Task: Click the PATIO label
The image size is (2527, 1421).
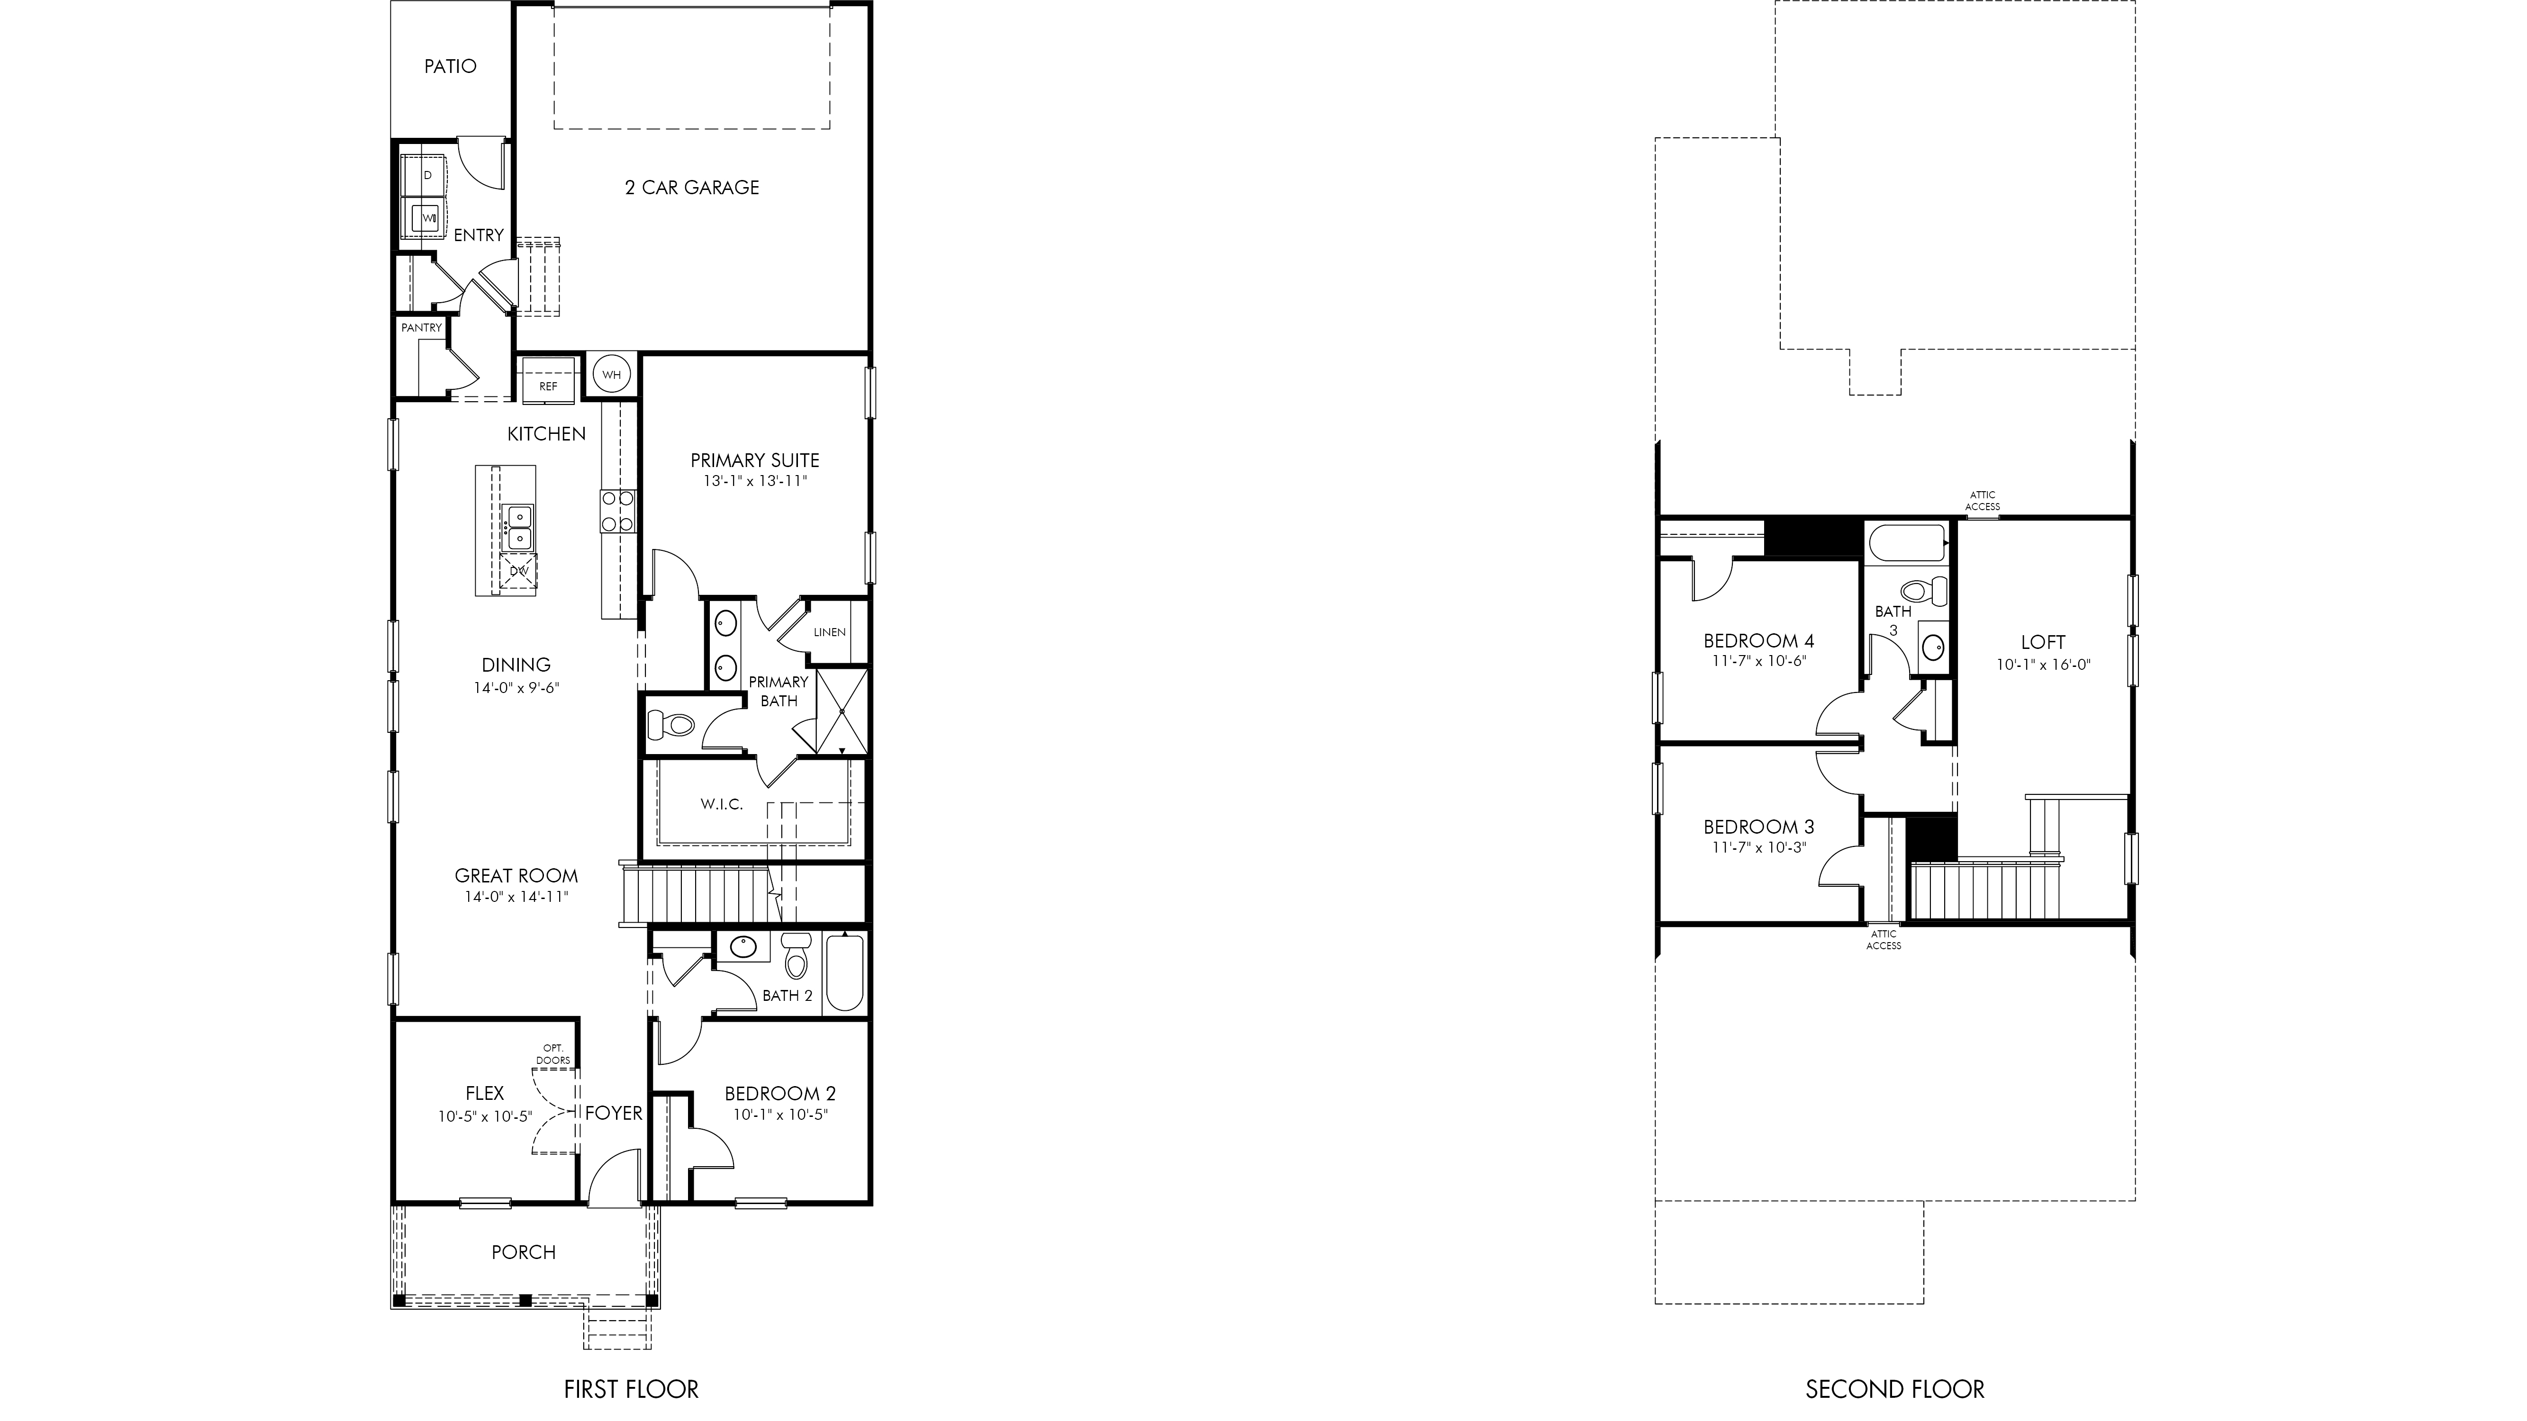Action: tap(450, 66)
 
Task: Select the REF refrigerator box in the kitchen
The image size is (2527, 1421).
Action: tap(548, 378)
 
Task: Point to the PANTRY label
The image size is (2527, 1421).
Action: tap(422, 328)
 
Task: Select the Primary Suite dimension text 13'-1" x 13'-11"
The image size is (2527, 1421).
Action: tap(755, 482)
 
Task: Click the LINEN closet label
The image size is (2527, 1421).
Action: tap(830, 631)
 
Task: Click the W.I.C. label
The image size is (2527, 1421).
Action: tap(722, 804)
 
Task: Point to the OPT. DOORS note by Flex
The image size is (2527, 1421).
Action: tap(553, 1054)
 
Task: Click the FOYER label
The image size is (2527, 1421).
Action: tap(614, 1113)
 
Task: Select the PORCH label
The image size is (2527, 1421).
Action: tap(524, 1252)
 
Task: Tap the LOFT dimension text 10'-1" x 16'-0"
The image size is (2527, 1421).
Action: tap(2043, 664)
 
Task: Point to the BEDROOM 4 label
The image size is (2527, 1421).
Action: tap(1759, 641)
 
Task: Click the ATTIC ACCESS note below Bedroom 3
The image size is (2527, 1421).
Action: tap(1884, 939)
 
